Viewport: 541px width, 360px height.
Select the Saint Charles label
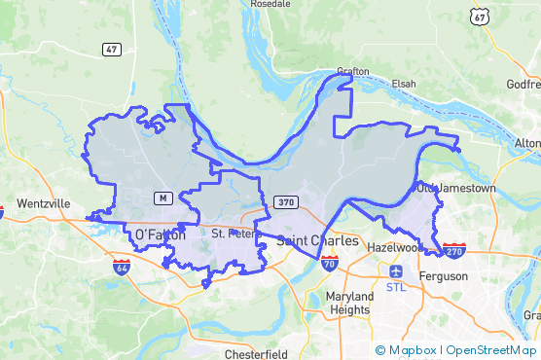point(317,240)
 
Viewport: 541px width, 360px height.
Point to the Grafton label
point(353,71)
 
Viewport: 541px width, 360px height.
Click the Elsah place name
point(403,84)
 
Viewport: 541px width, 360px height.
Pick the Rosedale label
point(270,4)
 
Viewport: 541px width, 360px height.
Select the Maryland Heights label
point(349,303)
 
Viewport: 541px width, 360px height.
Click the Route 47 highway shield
point(113,49)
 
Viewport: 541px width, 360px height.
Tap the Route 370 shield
point(285,201)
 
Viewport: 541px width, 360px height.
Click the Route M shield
point(162,198)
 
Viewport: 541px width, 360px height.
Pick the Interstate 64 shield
point(121,266)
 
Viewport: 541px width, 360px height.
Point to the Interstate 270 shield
point(453,250)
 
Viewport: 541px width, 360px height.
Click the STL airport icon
point(396,272)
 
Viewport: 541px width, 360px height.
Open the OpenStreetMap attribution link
point(490,349)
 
